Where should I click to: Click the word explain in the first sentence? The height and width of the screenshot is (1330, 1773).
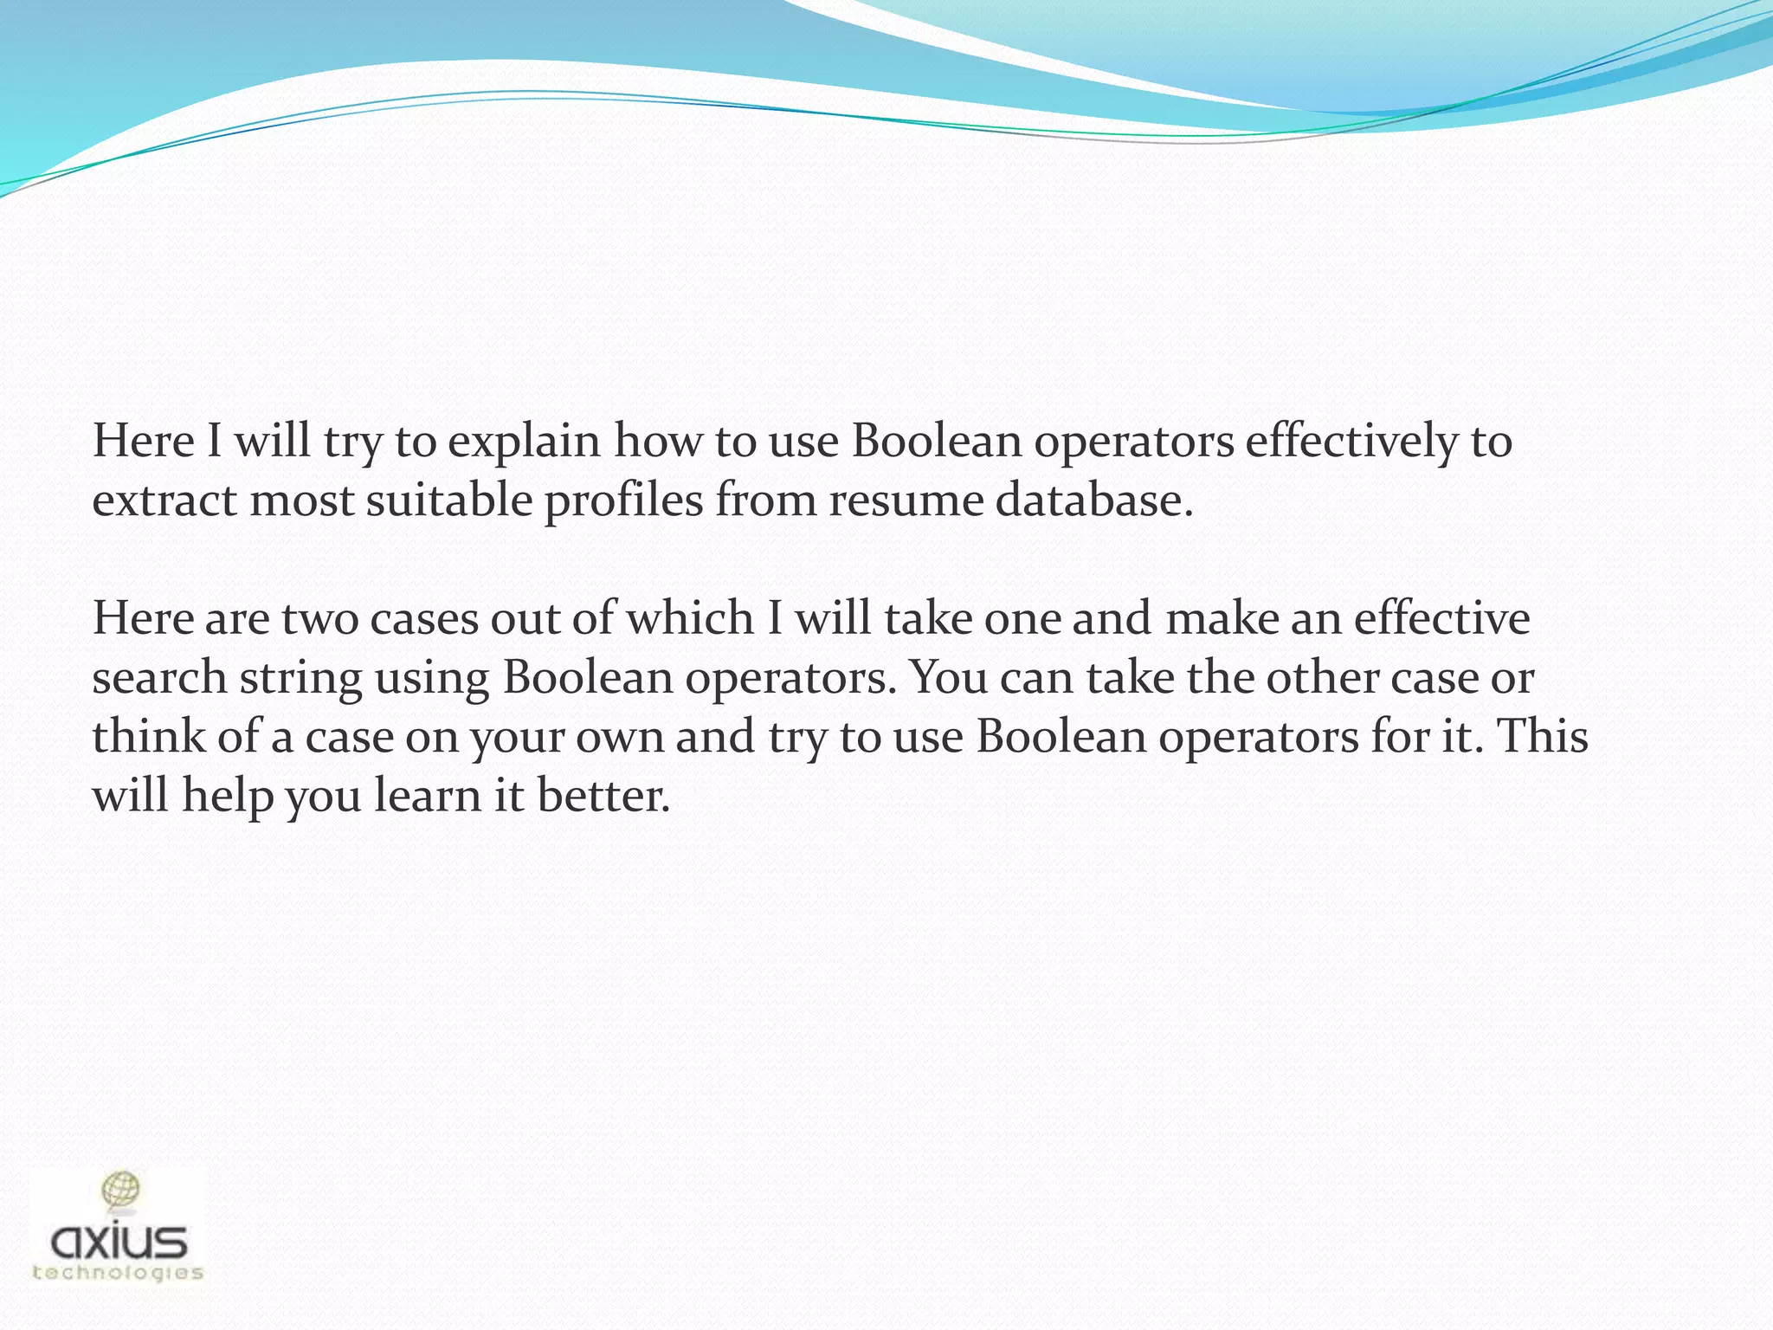click(x=524, y=442)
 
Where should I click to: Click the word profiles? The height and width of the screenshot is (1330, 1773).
click(x=623, y=501)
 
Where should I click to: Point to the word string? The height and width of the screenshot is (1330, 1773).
click(x=300, y=679)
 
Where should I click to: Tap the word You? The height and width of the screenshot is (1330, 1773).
click(x=948, y=677)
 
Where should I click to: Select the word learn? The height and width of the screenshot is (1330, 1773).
click(x=427, y=796)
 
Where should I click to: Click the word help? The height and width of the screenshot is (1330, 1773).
click(x=228, y=796)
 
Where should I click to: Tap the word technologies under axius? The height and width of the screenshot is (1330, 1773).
click(x=118, y=1272)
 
